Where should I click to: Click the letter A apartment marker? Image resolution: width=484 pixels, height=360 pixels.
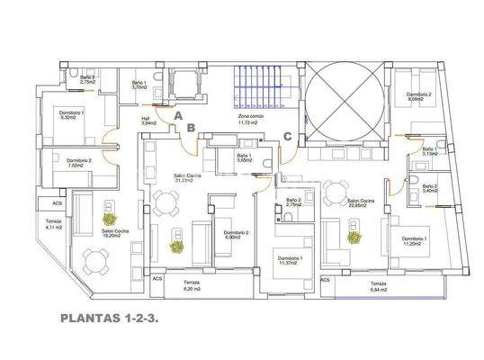tap(178, 115)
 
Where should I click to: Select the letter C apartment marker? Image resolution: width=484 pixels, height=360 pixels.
tap(287, 137)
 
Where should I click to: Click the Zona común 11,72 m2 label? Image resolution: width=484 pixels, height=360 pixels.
tap(251, 119)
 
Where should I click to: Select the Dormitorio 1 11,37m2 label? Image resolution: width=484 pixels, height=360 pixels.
tap(292, 260)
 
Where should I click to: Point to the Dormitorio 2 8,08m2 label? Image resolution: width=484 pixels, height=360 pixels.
tap(420, 96)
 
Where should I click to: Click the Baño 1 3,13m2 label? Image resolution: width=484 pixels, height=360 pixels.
tap(429, 150)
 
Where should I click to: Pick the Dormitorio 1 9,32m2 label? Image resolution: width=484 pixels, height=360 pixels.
tap(72, 114)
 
